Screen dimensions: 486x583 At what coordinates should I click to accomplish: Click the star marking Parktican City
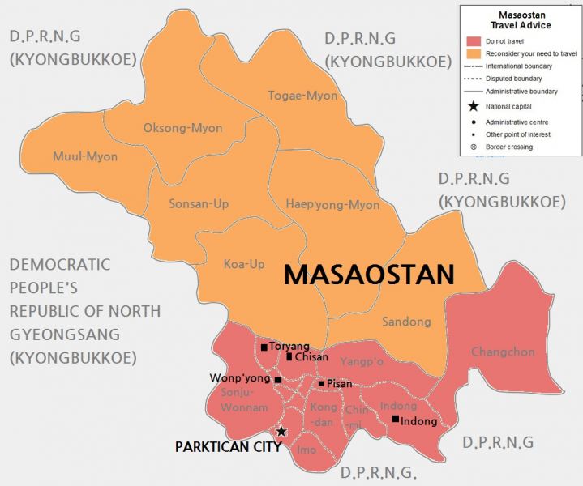tap(281, 432)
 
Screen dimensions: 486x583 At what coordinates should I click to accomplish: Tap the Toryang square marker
tap(264, 347)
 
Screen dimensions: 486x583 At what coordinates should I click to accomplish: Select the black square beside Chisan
tap(289, 356)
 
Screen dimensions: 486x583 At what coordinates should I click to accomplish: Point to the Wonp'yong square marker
tap(277, 380)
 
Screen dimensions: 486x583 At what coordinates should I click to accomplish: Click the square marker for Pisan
tap(321, 384)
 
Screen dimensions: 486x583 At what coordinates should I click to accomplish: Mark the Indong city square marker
tap(395, 419)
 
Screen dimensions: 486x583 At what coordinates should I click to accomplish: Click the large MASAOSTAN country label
tap(368, 275)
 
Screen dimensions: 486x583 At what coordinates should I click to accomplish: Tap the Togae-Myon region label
tap(302, 96)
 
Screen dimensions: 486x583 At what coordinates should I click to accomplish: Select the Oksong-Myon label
tap(182, 128)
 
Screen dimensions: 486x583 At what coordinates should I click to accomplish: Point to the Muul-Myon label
tap(84, 156)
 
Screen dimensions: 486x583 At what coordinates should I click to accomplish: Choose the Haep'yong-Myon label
tap(332, 205)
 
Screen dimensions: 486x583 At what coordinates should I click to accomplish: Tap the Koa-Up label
tap(244, 263)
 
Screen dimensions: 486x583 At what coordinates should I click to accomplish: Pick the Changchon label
tap(503, 352)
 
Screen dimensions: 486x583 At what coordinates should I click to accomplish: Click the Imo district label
tap(307, 450)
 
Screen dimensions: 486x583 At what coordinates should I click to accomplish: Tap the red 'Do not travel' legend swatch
tap(474, 41)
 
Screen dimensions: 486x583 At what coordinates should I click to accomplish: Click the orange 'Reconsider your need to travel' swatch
tap(474, 53)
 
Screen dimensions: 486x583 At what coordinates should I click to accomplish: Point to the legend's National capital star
tap(474, 106)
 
